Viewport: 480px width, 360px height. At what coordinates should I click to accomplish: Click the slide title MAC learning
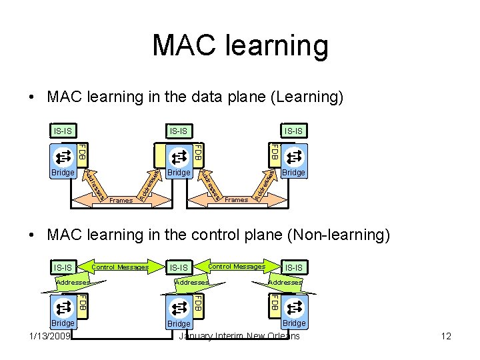pyautogui.click(x=240, y=46)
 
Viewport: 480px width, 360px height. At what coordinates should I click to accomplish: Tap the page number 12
pyautogui.click(x=446, y=336)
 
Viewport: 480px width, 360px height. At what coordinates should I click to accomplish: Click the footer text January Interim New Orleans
pyautogui.click(x=239, y=336)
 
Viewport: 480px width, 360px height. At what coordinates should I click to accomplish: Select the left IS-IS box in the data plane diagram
pyautogui.click(x=63, y=131)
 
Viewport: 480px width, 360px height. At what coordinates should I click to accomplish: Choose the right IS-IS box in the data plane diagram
pyautogui.click(x=293, y=131)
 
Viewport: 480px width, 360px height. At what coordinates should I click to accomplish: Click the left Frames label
pyautogui.click(x=121, y=200)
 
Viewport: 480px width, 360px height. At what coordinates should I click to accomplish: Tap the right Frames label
pyautogui.click(x=236, y=199)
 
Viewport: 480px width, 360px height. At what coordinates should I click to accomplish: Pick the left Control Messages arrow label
pyautogui.click(x=120, y=267)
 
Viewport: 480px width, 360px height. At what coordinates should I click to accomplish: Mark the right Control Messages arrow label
pyautogui.click(x=237, y=267)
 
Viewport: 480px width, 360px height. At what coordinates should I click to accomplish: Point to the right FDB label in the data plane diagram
pyautogui.click(x=273, y=153)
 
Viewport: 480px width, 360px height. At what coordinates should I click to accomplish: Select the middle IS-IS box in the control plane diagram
pyautogui.click(x=178, y=267)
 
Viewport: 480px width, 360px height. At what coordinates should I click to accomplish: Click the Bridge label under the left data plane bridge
pyautogui.click(x=63, y=172)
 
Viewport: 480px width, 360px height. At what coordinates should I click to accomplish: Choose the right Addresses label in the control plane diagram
pyautogui.click(x=285, y=283)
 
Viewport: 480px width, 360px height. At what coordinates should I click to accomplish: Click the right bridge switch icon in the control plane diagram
pyautogui.click(x=294, y=307)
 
